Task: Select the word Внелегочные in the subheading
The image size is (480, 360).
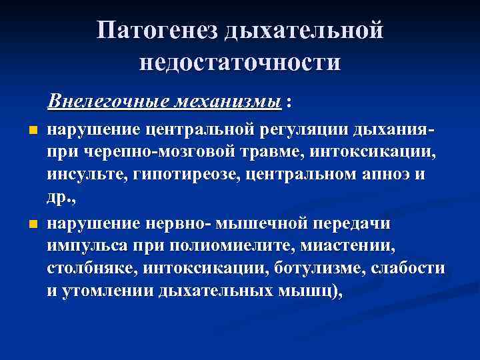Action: tap(107, 102)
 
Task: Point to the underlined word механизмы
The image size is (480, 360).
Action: tap(226, 102)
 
